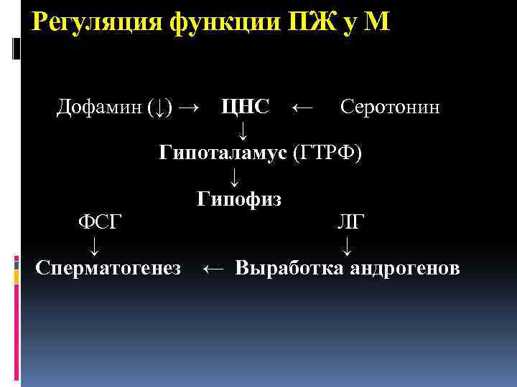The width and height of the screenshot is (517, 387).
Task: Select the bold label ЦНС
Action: pos(246,107)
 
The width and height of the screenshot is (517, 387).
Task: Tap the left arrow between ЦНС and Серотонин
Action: pos(302,108)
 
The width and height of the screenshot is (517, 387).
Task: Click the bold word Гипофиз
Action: pos(239,199)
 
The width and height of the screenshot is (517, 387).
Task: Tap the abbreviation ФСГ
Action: pos(100,221)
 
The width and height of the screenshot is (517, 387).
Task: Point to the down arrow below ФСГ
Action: pos(93,247)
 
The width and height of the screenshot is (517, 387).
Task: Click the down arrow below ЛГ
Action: pos(348,247)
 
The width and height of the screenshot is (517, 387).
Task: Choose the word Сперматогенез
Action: pos(108,269)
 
